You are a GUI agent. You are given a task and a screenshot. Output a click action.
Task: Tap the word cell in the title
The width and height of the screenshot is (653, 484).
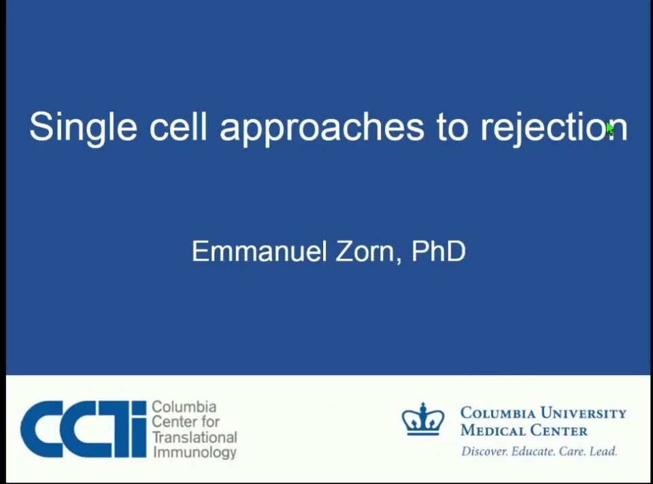[178, 126]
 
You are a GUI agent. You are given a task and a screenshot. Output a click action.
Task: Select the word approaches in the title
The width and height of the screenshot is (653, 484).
[322, 128]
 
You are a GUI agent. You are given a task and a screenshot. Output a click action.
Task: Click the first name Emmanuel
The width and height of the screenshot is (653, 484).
[259, 251]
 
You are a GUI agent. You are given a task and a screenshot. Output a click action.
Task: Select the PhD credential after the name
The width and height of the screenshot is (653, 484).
[438, 251]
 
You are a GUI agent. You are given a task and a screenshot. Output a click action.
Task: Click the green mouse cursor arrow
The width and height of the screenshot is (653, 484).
[609, 129]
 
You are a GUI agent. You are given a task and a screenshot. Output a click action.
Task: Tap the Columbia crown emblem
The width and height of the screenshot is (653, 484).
[422, 419]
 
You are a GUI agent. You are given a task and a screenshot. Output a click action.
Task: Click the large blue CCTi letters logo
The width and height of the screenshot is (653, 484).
[83, 429]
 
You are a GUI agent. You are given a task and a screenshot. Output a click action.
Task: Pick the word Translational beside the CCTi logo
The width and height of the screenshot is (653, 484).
[195, 437]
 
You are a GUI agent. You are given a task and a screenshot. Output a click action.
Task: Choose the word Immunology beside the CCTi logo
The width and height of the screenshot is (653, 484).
[195, 452]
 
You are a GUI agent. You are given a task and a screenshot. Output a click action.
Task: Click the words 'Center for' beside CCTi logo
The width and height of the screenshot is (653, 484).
[185, 421]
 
